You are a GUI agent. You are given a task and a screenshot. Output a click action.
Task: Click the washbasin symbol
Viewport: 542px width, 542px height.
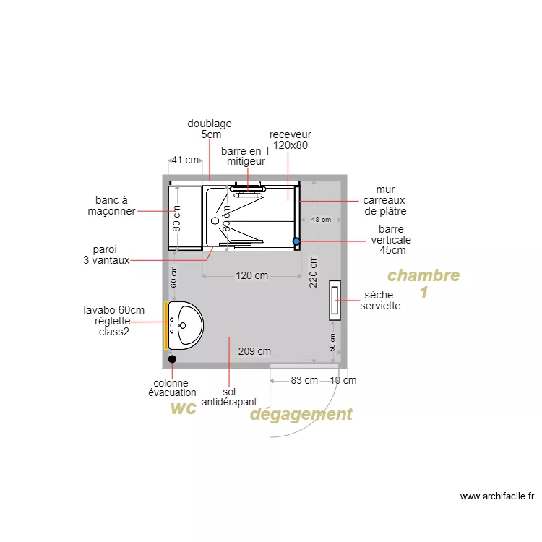pyautogui.click(x=186, y=325)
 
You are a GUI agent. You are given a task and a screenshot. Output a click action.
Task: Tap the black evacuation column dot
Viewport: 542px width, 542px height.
pyautogui.click(x=172, y=359)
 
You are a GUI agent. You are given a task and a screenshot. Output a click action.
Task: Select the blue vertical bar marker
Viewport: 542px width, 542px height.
pyautogui.click(x=296, y=241)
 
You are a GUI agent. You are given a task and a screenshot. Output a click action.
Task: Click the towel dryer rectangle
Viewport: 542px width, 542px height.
pyautogui.click(x=335, y=301)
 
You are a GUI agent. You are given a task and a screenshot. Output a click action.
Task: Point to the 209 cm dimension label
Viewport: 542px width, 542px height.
pyautogui.click(x=254, y=351)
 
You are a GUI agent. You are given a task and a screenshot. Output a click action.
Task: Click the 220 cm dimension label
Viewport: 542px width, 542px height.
pyautogui.click(x=313, y=272)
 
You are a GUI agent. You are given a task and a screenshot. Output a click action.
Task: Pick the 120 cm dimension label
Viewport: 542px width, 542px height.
pyautogui.click(x=251, y=275)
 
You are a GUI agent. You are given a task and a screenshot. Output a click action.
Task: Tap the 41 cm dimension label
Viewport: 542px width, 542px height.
pyautogui.click(x=185, y=160)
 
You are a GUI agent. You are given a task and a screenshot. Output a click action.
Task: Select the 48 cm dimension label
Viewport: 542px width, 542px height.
pyautogui.click(x=321, y=220)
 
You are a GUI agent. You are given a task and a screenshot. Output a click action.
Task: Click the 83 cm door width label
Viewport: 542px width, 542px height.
pyautogui.click(x=304, y=380)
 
